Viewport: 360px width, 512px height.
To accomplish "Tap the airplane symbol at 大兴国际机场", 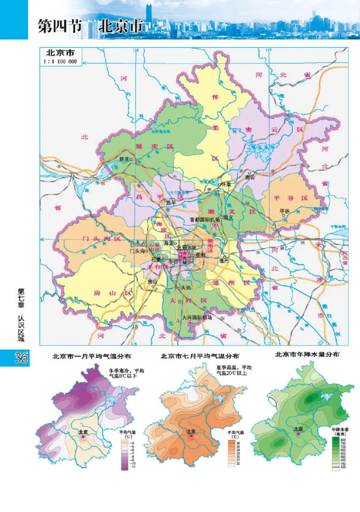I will tap(191, 323).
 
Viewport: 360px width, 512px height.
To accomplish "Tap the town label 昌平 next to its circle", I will tap(171, 202).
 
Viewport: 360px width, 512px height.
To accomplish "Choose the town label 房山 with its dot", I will tap(153, 281).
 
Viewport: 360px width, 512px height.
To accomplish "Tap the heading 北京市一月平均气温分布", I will tap(92, 356).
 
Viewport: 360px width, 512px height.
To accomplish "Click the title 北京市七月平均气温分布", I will tap(200, 356).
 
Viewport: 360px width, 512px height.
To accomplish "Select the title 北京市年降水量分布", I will tap(307, 355).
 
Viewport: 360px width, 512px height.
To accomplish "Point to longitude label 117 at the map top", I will tap(269, 50).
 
